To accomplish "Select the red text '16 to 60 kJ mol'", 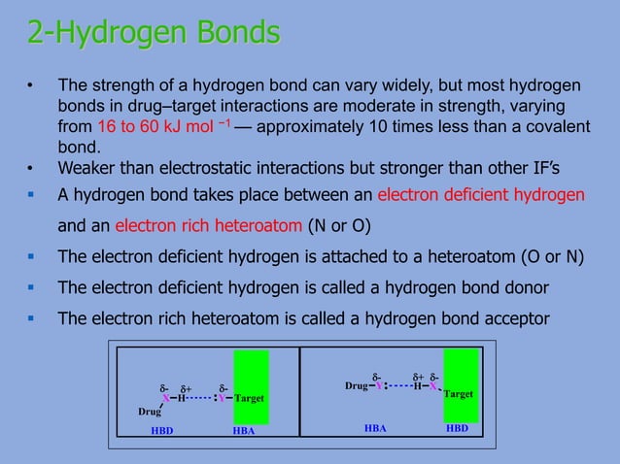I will point(161,128).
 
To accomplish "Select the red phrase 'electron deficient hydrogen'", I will point(480,194).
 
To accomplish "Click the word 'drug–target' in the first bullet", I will point(168,106).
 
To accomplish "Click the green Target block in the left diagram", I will point(251,387).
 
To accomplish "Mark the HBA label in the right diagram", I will point(375,427).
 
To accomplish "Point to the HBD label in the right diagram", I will point(457,427).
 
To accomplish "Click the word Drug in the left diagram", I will point(149,412).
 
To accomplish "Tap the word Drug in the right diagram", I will point(357,386).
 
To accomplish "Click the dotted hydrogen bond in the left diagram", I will point(200,398).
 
